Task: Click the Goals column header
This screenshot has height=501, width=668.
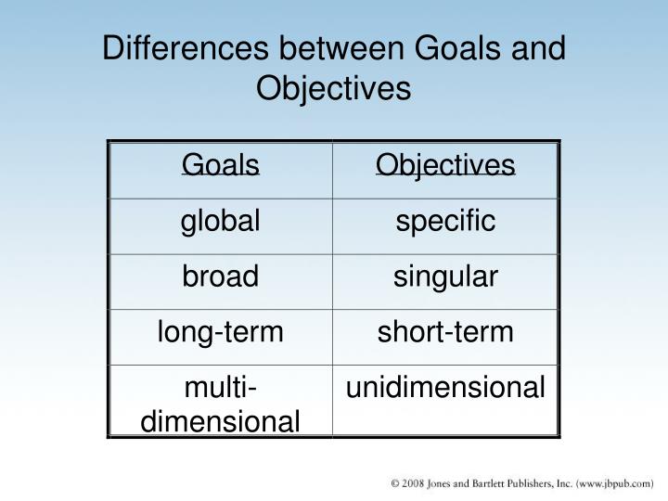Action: coord(221,165)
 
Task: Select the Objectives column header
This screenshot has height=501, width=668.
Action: coord(445,165)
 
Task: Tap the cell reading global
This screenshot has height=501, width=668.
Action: coord(221,221)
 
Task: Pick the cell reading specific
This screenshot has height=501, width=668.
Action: coord(445,221)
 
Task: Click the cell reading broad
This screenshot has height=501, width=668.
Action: coord(221,276)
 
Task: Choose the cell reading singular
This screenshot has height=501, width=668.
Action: coord(445,276)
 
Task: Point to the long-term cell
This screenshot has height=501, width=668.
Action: coord(221,332)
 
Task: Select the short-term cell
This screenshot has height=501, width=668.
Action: coord(445,332)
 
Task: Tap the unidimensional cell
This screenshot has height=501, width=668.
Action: coord(445,388)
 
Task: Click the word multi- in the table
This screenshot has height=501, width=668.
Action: coord(221,388)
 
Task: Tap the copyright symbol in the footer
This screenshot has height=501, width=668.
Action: coord(395,483)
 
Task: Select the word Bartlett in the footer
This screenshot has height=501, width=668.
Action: coord(495,483)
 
